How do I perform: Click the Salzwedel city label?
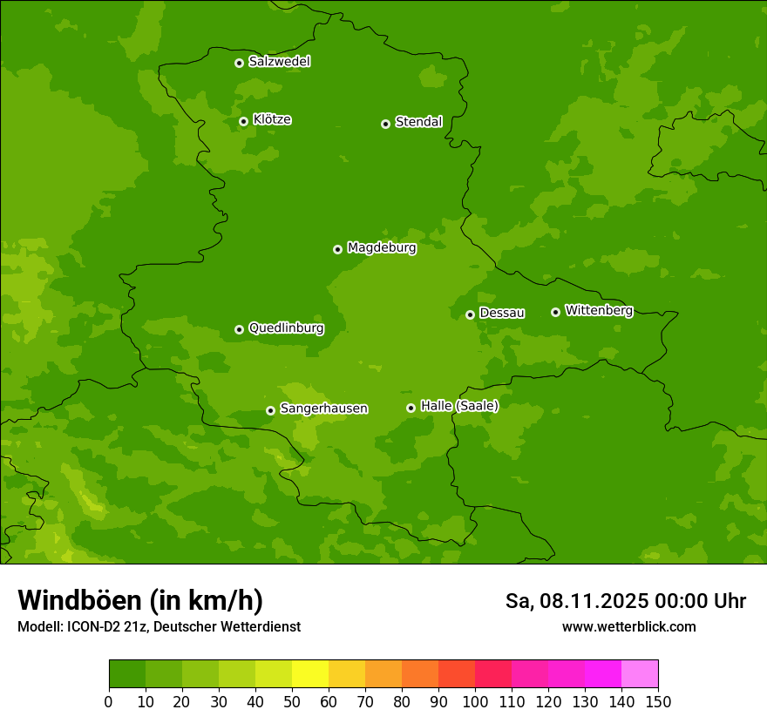pyautogui.click(x=279, y=62)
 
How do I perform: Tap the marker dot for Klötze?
pyautogui.click(x=243, y=121)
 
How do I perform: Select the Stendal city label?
pyautogui.click(x=418, y=122)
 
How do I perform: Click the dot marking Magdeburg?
pyautogui.click(x=337, y=249)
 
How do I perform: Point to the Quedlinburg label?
pyautogui.click(x=286, y=328)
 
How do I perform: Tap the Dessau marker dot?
pyautogui.click(x=470, y=314)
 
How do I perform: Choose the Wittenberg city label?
pyautogui.click(x=599, y=310)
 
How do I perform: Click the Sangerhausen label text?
pyautogui.click(x=323, y=409)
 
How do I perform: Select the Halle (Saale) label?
pyautogui.click(x=459, y=406)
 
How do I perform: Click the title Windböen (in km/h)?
pyautogui.click(x=139, y=600)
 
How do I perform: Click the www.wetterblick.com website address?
pyautogui.click(x=628, y=626)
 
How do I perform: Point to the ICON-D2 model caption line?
pyautogui.click(x=159, y=626)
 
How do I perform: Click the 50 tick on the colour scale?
pyautogui.click(x=292, y=701)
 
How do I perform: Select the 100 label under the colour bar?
pyautogui.click(x=475, y=701)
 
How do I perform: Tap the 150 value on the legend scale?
pyautogui.click(x=658, y=701)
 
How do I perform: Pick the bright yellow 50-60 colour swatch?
pyautogui.click(x=310, y=674)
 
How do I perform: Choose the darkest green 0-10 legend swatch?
pyautogui.click(x=127, y=674)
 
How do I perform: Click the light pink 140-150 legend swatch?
pyautogui.click(x=640, y=674)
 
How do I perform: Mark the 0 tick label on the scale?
pyautogui.click(x=109, y=701)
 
